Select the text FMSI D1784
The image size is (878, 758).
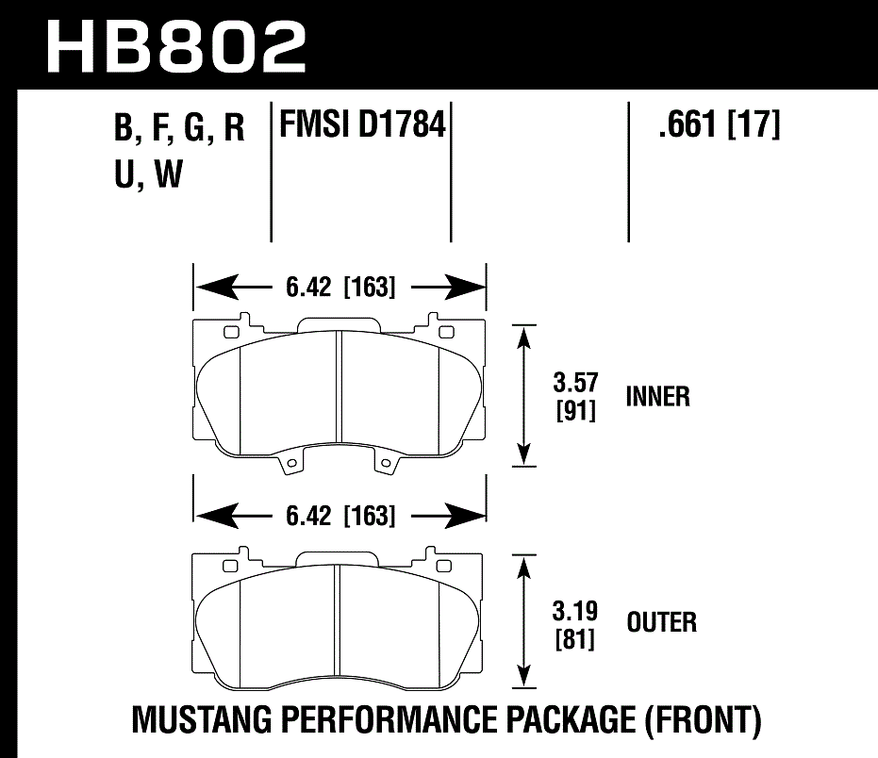point(361,125)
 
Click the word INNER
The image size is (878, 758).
point(657,397)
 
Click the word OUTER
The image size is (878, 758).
point(661,622)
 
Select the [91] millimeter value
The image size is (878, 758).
point(575,410)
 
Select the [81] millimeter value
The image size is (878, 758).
point(575,639)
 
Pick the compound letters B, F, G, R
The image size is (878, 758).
point(179,129)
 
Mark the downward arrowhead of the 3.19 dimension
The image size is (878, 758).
point(522,676)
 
